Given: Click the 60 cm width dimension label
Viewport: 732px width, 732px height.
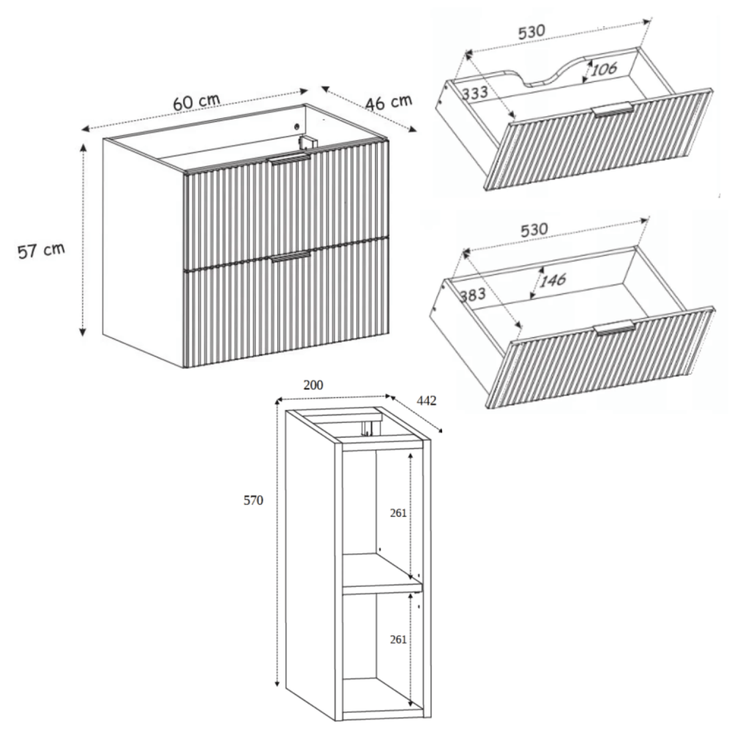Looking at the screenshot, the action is click(x=196, y=102).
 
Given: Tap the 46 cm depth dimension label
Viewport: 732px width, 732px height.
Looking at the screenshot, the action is click(x=389, y=102).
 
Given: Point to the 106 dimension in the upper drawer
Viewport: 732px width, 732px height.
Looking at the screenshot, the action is click(x=604, y=70).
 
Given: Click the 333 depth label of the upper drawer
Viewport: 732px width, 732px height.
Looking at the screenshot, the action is click(x=475, y=92).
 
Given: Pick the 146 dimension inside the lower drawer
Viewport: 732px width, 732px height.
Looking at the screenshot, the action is click(x=553, y=280).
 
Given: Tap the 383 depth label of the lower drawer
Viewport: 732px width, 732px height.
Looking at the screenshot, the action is click(x=473, y=295).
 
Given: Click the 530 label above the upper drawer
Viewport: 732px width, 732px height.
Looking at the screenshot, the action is click(x=531, y=31).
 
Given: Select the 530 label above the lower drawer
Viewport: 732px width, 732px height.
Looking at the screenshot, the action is click(x=534, y=230).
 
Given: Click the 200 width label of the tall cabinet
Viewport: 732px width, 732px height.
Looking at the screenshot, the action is click(x=313, y=385).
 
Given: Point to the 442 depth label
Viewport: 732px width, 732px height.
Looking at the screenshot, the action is click(x=426, y=400).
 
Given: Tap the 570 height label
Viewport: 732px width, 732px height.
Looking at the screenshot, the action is click(x=253, y=501).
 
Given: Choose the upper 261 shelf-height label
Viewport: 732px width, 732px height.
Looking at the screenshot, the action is click(x=398, y=513).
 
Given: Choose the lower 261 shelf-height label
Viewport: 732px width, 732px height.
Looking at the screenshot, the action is click(x=398, y=640).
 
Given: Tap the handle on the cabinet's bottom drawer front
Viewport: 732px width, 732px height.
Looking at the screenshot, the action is click(x=291, y=256).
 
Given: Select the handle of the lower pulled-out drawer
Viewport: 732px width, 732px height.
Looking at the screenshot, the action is click(x=614, y=327).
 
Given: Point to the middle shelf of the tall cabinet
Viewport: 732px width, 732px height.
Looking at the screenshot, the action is click(x=383, y=574).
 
